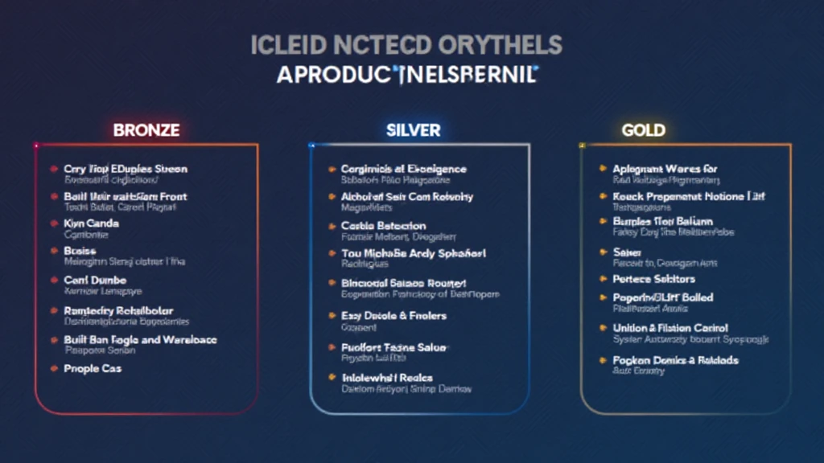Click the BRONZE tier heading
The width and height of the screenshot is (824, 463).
[x=146, y=129]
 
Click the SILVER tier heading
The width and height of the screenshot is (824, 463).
[x=414, y=129]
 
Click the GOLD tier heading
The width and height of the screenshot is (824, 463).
[x=644, y=129]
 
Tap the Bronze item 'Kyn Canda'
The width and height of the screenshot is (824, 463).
[x=92, y=223]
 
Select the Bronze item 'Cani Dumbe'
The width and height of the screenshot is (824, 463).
[x=95, y=280]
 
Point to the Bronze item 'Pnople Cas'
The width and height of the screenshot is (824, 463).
[x=93, y=368]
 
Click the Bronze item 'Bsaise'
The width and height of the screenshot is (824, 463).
[x=80, y=251]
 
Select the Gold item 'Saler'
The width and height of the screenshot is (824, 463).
[x=626, y=252]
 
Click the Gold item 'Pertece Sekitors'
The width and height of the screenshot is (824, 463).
[x=653, y=279]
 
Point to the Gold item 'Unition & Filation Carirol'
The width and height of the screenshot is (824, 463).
[x=670, y=328]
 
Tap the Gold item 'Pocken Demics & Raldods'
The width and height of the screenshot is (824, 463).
[x=675, y=360]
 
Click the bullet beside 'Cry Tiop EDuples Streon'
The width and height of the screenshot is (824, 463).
[x=54, y=169]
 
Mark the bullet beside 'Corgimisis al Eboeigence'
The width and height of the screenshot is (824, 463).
[x=332, y=169]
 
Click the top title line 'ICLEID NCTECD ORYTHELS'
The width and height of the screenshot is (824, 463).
[x=406, y=45]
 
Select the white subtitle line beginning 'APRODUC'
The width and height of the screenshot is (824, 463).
[x=406, y=76]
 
